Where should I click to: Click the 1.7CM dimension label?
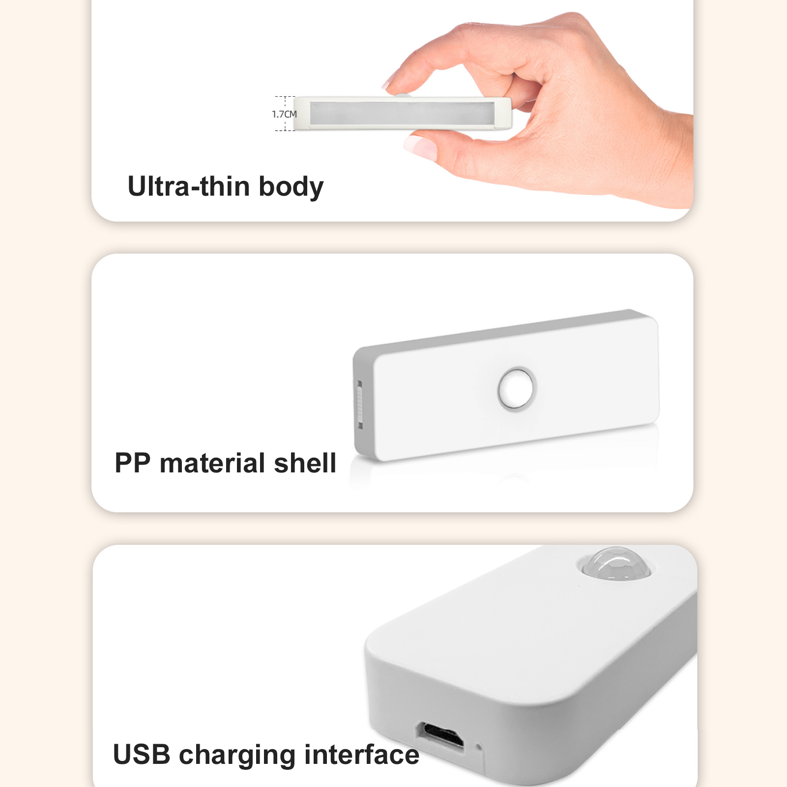(285, 114)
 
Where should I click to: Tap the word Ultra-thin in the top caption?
(189, 187)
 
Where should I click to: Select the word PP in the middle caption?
(132, 463)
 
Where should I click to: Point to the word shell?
(305, 463)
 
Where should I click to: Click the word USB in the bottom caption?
(142, 755)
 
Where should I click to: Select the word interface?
(362, 755)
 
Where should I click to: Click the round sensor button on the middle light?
(516, 388)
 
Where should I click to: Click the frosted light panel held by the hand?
(402, 113)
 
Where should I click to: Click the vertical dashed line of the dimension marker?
(286, 114)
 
